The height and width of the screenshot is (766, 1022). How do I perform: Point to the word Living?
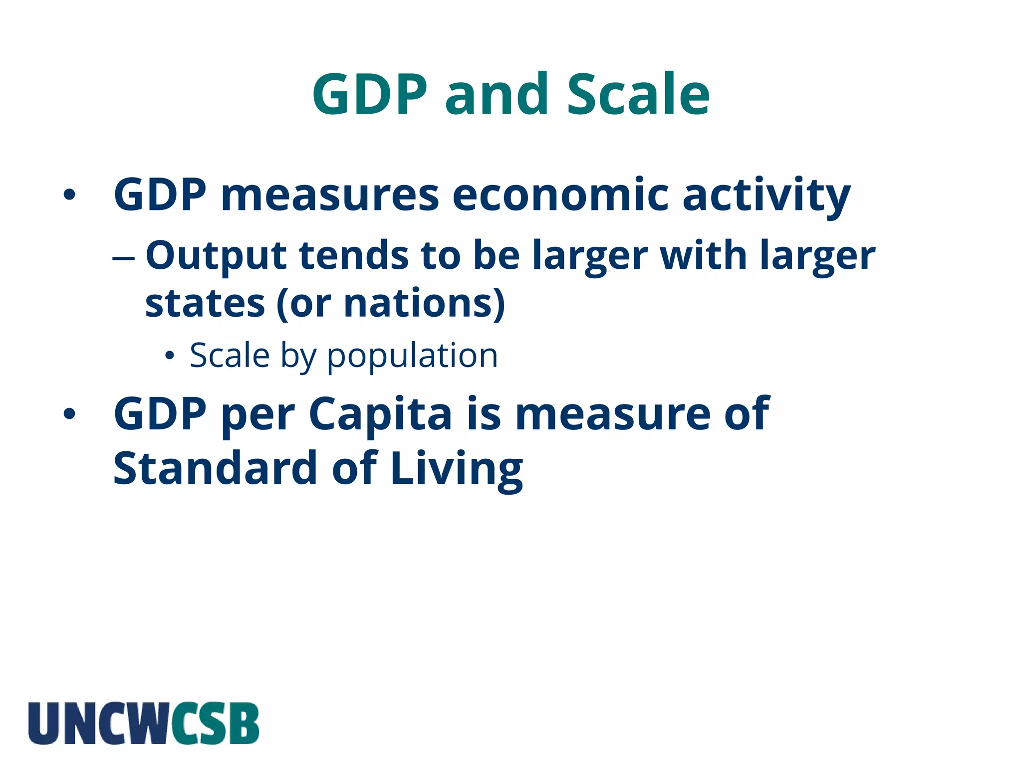(456, 469)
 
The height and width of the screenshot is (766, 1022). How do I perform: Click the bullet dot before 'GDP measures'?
(69, 195)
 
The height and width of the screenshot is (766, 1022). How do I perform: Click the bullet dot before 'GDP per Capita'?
(69, 413)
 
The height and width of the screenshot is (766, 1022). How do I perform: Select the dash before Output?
(123, 258)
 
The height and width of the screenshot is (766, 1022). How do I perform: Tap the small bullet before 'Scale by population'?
(170, 356)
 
